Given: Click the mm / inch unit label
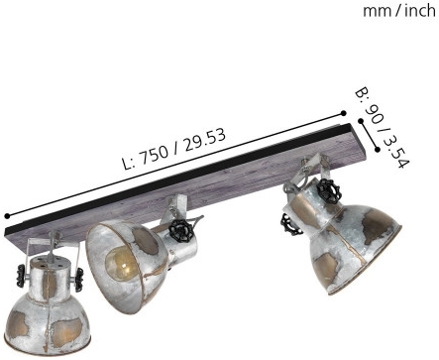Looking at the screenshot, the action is pyautogui.click(x=399, y=11).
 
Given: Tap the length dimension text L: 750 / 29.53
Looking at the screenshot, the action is pyautogui.click(x=174, y=149).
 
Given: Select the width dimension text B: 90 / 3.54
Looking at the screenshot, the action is pyautogui.click(x=383, y=128).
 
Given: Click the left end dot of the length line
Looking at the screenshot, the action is pyautogui.click(x=7, y=216).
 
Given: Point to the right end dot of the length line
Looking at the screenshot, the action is pyautogui.click(x=344, y=113).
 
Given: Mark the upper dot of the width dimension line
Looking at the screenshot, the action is pyautogui.click(x=361, y=121).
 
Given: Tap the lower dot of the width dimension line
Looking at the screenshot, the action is pyautogui.click(x=378, y=150).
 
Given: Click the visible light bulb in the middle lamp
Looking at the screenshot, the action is pyautogui.click(x=121, y=262).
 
